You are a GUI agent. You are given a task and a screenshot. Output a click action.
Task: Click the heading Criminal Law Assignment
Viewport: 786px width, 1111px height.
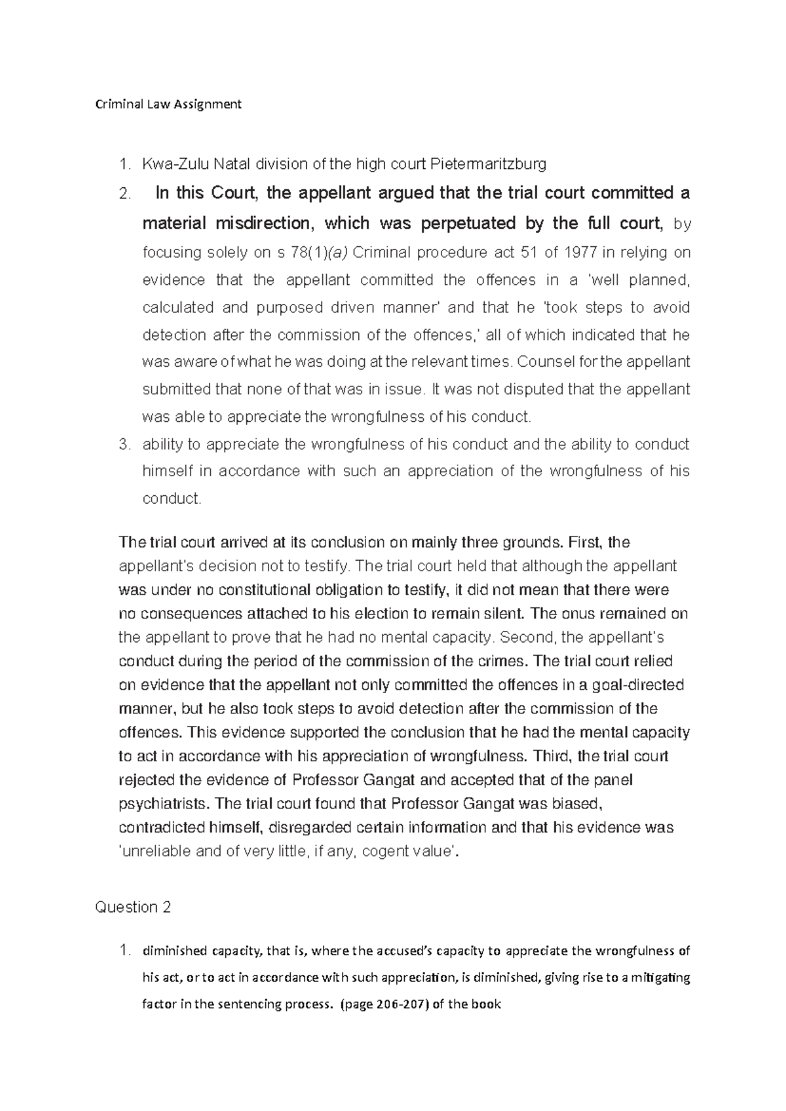click(168, 104)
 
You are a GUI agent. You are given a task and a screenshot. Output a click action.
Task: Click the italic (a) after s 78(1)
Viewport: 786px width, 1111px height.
click(340, 253)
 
